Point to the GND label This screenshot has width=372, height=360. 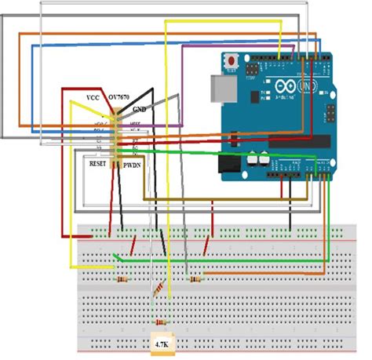pos(140,109)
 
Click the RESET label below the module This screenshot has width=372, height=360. pos(98,165)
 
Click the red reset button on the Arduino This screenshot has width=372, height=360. pos(232,61)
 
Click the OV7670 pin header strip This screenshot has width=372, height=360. pos(115,135)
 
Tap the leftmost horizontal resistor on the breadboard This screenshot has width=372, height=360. pos(122,279)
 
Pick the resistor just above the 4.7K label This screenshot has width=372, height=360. pos(162,323)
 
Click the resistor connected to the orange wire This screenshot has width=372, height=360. pos(195,279)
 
